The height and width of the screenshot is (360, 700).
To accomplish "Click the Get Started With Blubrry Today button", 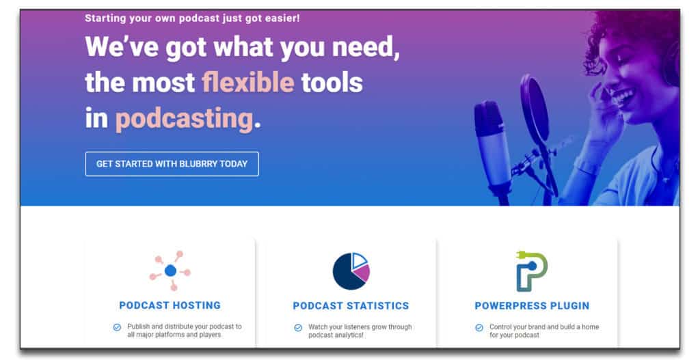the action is click(x=172, y=164).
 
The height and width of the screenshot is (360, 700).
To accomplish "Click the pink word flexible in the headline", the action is click(x=247, y=83).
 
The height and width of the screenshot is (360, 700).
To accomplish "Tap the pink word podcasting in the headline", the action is click(x=185, y=119).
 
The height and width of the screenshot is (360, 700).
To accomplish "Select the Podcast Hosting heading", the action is click(x=170, y=305).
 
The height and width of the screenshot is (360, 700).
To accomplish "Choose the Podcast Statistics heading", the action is click(x=351, y=305).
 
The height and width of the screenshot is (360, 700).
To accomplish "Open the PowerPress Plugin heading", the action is click(x=532, y=305).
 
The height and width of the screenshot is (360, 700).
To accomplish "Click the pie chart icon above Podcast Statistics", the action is click(x=351, y=271).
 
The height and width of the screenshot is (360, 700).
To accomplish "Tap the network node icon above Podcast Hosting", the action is click(x=170, y=271).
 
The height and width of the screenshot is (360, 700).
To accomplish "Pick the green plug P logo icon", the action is click(x=532, y=271).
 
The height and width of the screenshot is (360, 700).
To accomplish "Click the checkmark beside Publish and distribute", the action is click(x=117, y=327).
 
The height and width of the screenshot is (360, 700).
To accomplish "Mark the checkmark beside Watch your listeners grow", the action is click(x=298, y=328).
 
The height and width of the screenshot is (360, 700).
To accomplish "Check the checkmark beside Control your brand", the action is click(x=479, y=328).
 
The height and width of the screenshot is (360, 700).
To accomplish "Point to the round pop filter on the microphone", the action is click(x=535, y=109).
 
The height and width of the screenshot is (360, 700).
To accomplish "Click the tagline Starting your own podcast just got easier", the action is click(x=192, y=18).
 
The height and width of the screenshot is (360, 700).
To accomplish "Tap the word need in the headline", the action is click(x=366, y=47).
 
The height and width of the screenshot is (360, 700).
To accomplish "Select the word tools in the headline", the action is click(x=332, y=83).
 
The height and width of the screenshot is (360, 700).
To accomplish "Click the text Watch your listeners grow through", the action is click(x=360, y=327).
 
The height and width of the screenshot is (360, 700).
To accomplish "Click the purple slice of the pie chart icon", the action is click(x=362, y=273).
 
